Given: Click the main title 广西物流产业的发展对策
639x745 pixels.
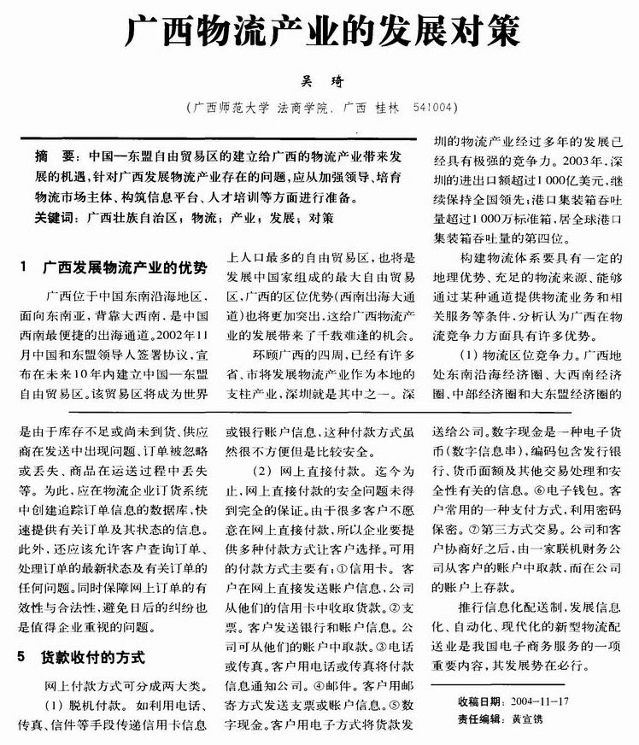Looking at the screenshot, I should (x=320, y=33).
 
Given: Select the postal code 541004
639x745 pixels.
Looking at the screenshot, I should (x=433, y=109).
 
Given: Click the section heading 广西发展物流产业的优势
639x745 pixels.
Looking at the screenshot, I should (x=125, y=268).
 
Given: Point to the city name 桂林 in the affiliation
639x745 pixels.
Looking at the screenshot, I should (x=385, y=109).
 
